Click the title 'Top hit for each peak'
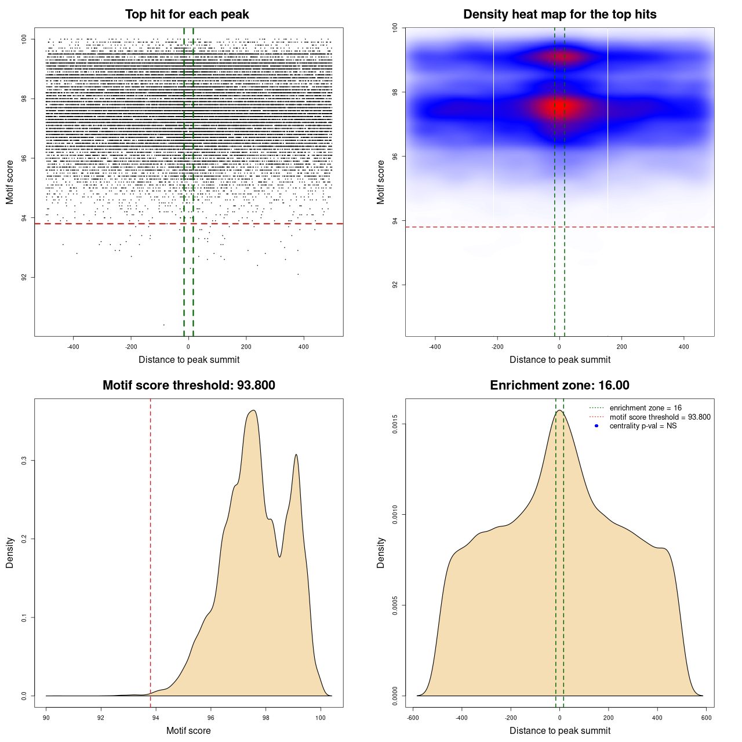click(187, 14)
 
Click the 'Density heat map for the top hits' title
click(559, 14)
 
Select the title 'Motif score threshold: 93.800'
click(188, 385)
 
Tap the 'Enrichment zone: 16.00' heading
click(559, 385)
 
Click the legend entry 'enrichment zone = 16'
click(645, 408)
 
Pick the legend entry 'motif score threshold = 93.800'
click(660, 417)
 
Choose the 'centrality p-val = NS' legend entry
click(643, 426)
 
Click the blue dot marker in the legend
click(596, 426)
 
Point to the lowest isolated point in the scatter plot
click(164, 325)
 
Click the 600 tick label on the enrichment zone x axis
click(706, 718)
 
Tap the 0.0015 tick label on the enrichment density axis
click(395, 424)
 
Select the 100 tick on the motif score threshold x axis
click(321, 718)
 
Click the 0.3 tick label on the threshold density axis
click(24, 460)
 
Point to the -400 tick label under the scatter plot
click(73, 347)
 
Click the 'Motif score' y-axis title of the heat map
click(381, 182)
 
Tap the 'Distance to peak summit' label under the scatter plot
click(189, 360)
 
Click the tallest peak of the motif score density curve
click(253, 410)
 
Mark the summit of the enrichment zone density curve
click(559, 410)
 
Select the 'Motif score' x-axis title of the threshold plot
click(188, 731)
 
